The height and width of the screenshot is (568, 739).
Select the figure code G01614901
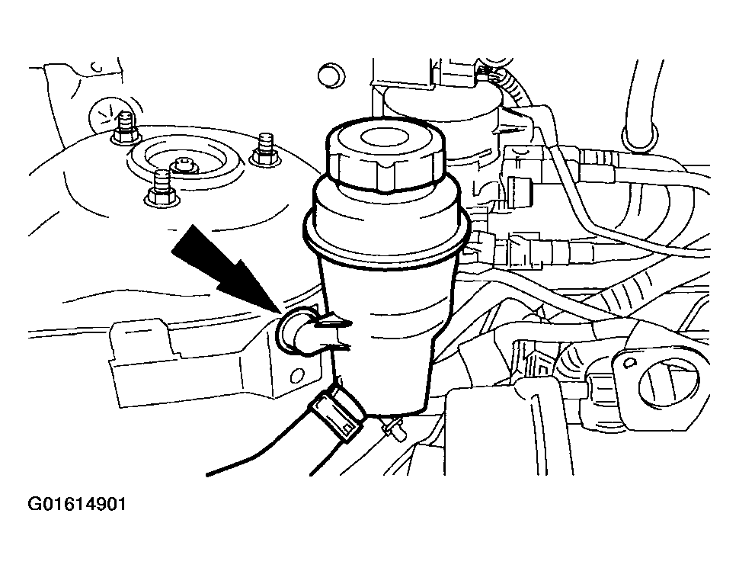pyautogui.click(x=77, y=504)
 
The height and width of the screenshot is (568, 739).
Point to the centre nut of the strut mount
pyautogui.click(x=184, y=165)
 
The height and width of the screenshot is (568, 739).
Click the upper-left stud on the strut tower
pyautogui.click(x=125, y=127)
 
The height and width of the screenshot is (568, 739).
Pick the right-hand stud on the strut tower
pyautogui.click(x=266, y=149)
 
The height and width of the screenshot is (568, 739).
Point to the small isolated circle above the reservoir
pyautogui.click(x=331, y=75)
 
